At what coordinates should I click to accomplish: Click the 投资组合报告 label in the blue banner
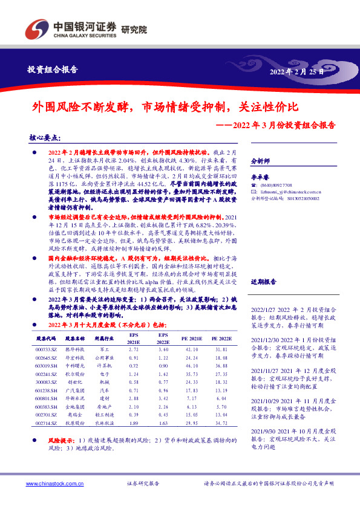(53, 70)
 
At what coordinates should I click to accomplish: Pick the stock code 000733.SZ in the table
(46, 349)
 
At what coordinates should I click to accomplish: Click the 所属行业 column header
(103, 339)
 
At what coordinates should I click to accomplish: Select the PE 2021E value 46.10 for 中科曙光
(192, 366)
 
